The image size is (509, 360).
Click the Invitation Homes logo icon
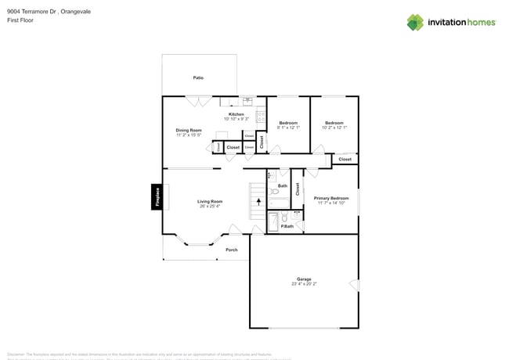(x=415, y=23)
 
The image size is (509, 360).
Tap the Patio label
(x=199, y=77)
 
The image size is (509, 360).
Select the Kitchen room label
(x=236, y=114)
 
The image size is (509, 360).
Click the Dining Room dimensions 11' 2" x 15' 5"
(x=189, y=135)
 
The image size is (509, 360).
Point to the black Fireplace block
(x=157, y=196)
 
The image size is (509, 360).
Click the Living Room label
(x=209, y=201)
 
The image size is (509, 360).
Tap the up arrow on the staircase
(x=258, y=201)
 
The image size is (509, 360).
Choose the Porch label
(x=231, y=250)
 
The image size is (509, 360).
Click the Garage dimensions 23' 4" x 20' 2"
(x=304, y=284)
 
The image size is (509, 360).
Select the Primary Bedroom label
(x=331, y=198)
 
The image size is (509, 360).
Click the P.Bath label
(x=287, y=226)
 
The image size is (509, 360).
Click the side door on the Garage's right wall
(x=354, y=284)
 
